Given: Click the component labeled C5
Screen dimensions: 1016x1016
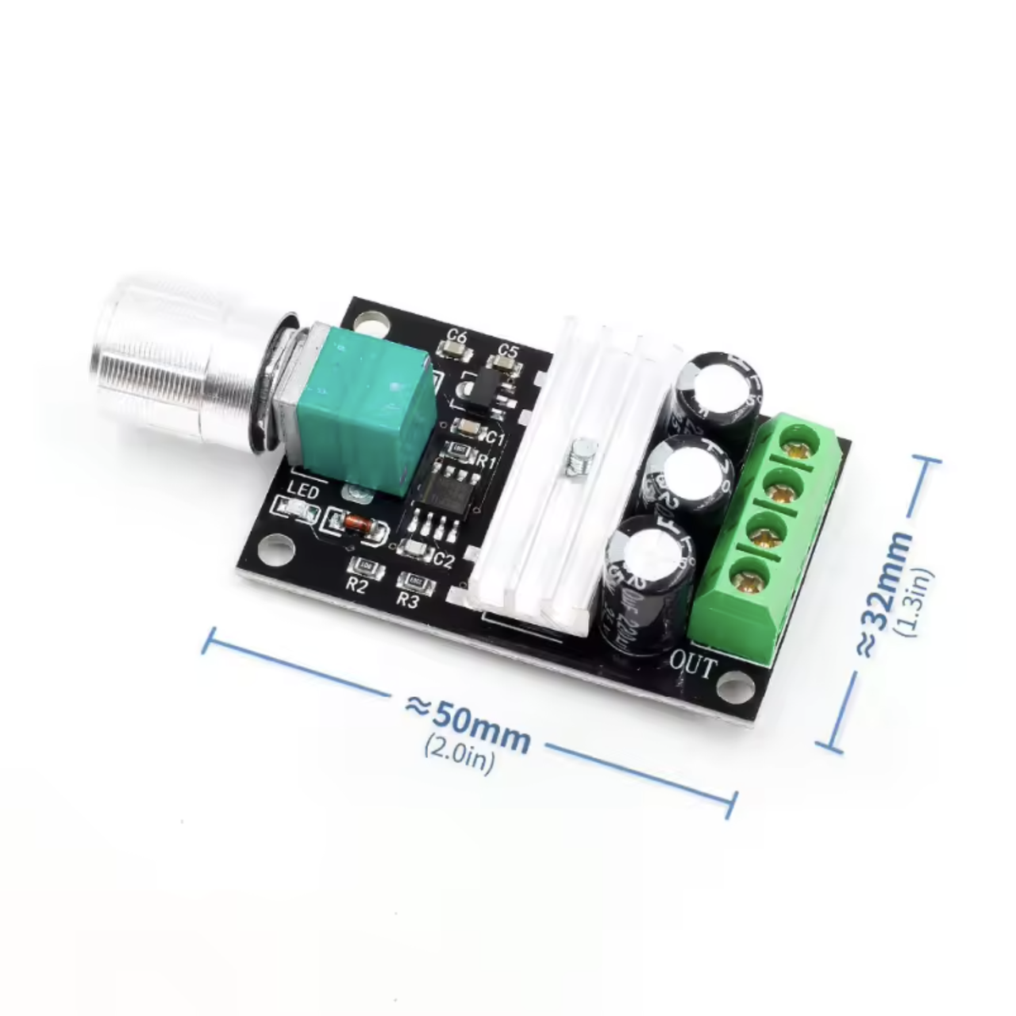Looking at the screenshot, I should pyautogui.click(x=503, y=362).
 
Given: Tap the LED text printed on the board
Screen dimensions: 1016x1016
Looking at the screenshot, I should pyautogui.click(x=304, y=492).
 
